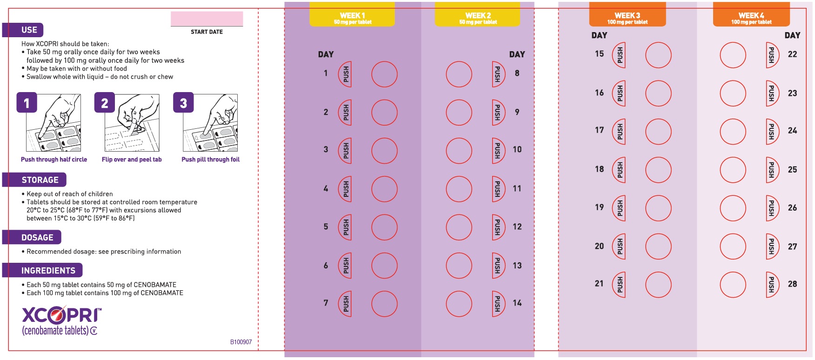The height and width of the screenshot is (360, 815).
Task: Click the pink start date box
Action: [207, 19]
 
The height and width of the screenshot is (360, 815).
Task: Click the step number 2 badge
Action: [105, 103]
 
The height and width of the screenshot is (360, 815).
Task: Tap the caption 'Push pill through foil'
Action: [211, 160]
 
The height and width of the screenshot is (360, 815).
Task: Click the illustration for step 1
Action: [53, 123]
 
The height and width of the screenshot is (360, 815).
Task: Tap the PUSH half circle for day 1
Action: [345, 74]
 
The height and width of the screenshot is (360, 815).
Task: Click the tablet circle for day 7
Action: [385, 304]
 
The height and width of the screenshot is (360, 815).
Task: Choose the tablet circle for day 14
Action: [459, 304]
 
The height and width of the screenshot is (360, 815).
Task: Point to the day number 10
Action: [517, 150]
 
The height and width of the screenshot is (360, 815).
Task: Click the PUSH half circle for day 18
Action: [619, 170]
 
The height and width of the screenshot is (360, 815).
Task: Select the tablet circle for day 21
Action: [659, 285]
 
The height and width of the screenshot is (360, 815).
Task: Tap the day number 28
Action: [793, 284]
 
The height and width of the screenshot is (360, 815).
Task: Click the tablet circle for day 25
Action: [733, 170]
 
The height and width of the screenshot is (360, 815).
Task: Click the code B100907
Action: [241, 342]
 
